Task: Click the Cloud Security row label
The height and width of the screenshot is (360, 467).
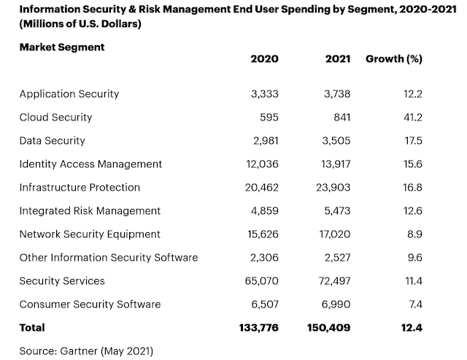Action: click(x=55, y=118)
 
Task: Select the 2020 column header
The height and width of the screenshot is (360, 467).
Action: click(x=264, y=59)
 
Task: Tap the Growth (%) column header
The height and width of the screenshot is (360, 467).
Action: click(x=394, y=59)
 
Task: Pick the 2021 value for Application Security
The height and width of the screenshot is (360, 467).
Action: click(x=337, y=94)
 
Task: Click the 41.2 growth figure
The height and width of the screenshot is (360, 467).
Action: click(x=413, y=118)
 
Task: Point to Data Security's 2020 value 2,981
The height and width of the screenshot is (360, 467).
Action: click(x=266, y=141)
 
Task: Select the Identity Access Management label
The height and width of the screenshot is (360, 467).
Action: click(x=90, y=164)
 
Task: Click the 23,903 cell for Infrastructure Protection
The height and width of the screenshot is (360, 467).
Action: click(x=333, y=188)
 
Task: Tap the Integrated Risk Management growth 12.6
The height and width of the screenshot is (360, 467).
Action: click(x=413, y=211)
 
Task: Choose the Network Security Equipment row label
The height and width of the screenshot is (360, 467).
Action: click(x=90, y=234)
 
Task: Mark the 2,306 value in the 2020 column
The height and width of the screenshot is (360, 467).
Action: click(x=264, y=258)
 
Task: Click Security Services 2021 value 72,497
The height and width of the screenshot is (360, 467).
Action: click(x=334, y=281)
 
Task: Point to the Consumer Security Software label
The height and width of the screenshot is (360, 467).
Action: click(x=90, y=305)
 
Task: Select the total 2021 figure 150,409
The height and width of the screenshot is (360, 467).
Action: click(x=328, y=328)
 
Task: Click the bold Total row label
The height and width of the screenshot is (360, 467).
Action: click(x=32, y=328)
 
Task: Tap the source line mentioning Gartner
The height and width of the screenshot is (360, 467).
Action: click(x=86, y=351)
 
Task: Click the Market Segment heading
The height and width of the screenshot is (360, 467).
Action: click(x=62, y=47)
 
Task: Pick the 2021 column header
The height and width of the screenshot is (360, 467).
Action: click(x=338, y=59)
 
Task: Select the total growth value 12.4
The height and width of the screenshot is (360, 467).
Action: click(x=412, y=328)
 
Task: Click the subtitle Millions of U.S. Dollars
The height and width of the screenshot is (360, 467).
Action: click(x=80, y=24)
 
